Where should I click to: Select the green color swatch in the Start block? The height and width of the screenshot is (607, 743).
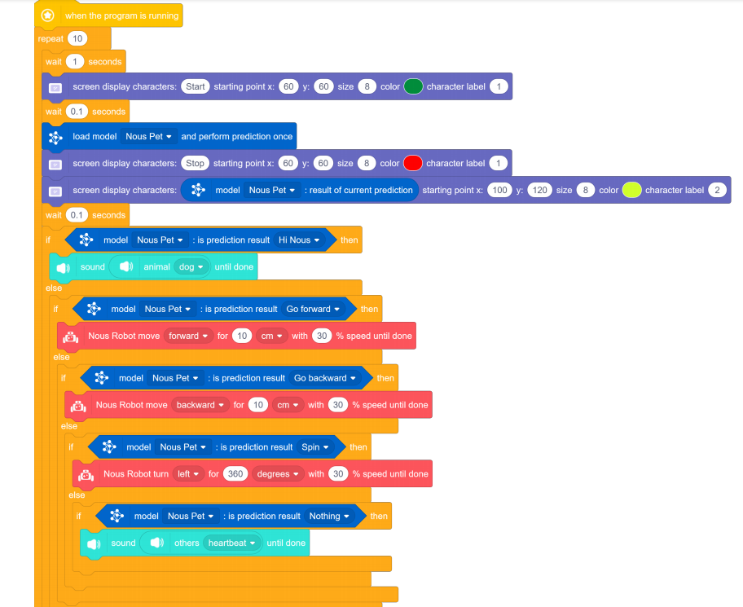coord(413,86)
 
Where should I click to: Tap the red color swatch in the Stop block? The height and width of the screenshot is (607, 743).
coord(413,163)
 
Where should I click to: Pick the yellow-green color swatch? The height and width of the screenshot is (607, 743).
coord(631,190)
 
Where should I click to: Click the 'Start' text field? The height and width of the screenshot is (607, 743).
coord(196,86)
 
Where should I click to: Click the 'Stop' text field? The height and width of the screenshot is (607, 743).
coord(196,163)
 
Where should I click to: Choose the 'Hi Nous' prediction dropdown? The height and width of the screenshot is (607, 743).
coord(300,240)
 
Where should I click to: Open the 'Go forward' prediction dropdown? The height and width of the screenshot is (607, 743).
coord(313,309)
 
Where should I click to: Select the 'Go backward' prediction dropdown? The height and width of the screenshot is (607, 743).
coord(325,378)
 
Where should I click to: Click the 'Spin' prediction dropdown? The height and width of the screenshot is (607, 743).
coord(314,446)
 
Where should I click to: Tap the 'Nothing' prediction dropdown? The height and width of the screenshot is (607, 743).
coord(329,516)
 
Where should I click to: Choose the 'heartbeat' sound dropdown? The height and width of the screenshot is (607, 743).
coord(232,543)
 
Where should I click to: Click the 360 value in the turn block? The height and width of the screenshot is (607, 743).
coord(235,474)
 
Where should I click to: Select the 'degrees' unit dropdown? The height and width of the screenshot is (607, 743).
coord(279,474)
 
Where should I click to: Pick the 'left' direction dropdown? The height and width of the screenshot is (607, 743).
coord(188,474)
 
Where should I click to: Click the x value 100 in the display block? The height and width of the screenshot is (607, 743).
coord(499,190)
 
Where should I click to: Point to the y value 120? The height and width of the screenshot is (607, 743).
coord(539,190)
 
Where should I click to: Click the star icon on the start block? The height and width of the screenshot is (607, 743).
coord(48,15)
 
